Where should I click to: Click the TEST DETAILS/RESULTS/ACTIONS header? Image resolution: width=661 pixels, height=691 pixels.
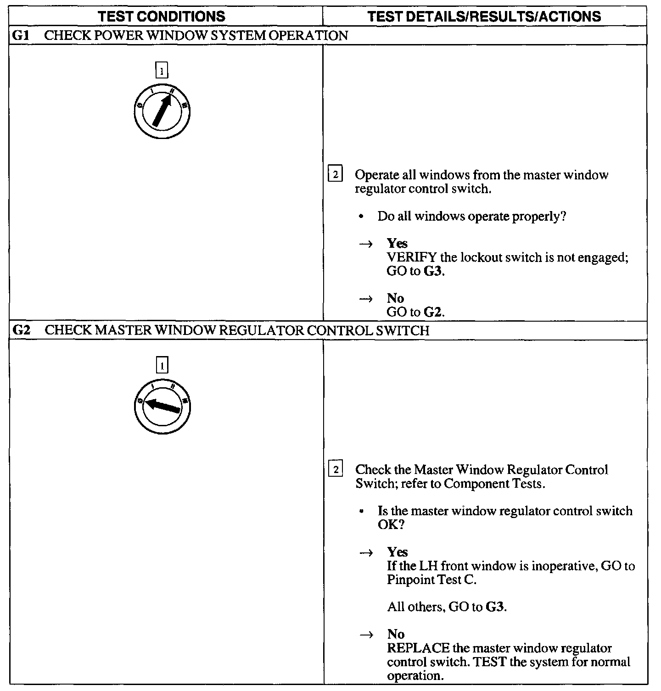point(484,17)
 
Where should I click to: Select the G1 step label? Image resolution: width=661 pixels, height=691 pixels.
point(20,36)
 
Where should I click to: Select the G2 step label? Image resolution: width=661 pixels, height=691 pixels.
point(21,330)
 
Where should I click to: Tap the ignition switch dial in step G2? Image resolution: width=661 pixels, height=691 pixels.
point(162,406)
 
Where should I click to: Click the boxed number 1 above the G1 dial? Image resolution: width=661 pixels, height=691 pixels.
point(162,72)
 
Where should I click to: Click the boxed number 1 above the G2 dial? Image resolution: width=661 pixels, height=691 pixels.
point(162,366)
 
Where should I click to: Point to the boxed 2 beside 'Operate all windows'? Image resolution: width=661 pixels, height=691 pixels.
point(336,175)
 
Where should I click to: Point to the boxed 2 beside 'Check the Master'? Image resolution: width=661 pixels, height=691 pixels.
point(336,470)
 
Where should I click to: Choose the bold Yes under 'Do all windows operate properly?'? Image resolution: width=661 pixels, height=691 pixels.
point(397,243)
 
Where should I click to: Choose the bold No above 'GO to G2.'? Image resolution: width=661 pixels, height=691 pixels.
point(395,298)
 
